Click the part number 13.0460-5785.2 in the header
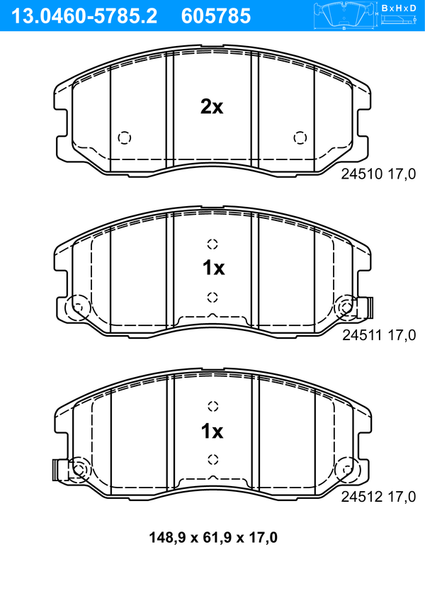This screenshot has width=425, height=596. (84, 16)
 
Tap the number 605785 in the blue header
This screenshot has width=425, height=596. (216, 16)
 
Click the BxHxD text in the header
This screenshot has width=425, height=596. (399, 8)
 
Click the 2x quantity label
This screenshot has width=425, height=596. (212, 107)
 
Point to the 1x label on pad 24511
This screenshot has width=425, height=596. (213, 268)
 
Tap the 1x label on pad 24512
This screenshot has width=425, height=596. (212, 431)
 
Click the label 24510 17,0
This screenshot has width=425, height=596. (378, 174)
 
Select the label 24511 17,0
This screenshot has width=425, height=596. (379, 335)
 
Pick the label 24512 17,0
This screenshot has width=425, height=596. (378, 496)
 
